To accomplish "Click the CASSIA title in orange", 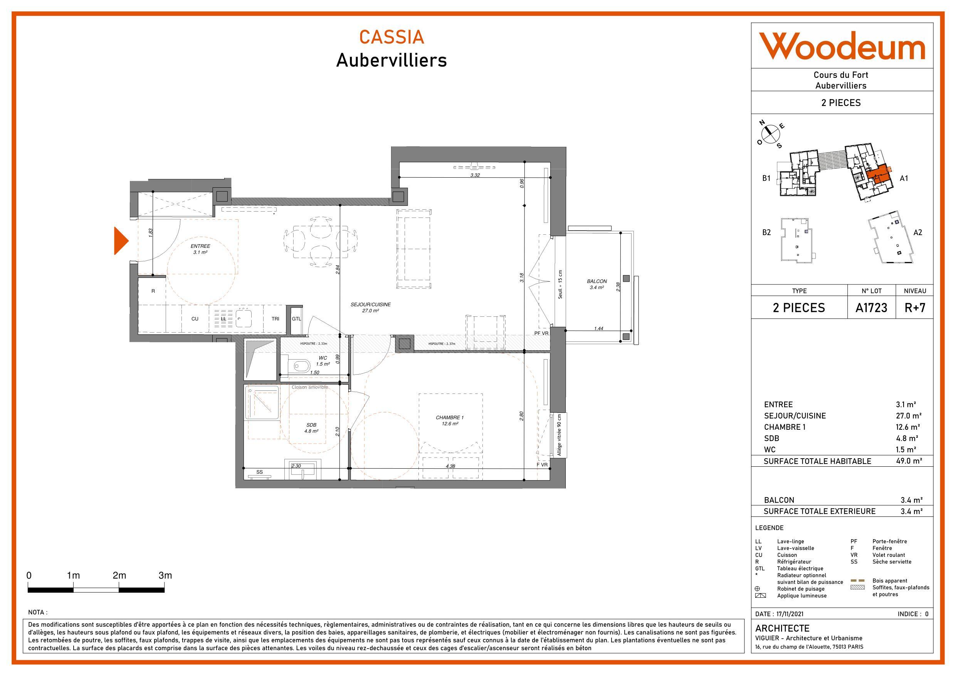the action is (391, 37).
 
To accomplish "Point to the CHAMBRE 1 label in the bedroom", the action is (450, 417).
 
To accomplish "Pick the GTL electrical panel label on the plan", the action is (296, 319).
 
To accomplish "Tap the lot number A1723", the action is (871, 308).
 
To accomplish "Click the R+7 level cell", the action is (915, 308).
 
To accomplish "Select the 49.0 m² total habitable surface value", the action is (909, 461).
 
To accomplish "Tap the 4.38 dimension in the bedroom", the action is (450, 466).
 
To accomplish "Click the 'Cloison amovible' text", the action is (309, 387).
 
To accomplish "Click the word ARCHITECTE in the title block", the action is (782, 628).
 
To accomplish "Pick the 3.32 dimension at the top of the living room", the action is (475, 175).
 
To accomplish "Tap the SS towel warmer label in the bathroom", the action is (260, 472).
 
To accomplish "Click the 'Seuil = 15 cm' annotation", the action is (560, 284).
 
